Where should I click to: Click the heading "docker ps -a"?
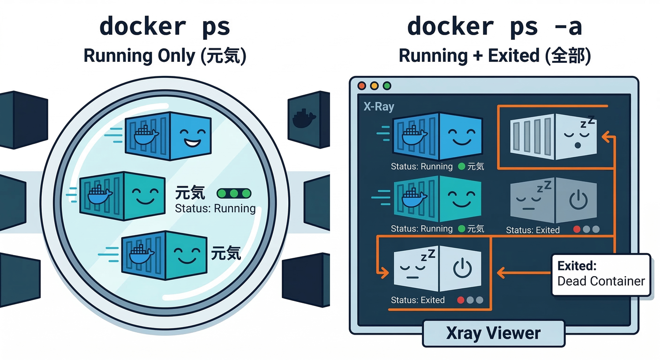(494, 27)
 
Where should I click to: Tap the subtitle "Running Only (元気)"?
(165, 56)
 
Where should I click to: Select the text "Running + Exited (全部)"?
(495, 56)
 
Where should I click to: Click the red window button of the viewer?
(361, 86)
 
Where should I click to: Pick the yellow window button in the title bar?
(374, 86)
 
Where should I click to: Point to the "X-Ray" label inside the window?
(379, 107)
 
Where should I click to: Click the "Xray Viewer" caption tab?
(494, 333)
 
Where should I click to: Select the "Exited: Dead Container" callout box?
(601, 274)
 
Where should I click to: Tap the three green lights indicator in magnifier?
(234, 194)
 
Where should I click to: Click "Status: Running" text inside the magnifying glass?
(215, 209)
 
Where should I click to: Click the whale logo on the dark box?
(304, 119)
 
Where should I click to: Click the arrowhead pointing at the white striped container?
(605, 137)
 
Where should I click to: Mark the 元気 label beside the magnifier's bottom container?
(226, 253)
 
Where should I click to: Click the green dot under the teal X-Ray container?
(461, 229)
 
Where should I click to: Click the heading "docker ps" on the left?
(165, 27)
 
